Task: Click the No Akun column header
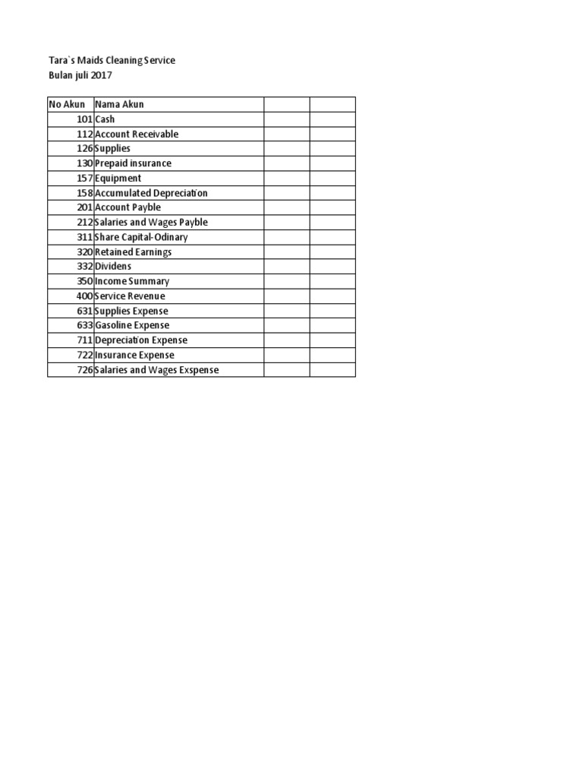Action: (x=67, y=104)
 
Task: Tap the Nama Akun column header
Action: (x=119, y=104)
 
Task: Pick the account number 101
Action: (x=85, y=119)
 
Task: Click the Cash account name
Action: (x=105, y=119)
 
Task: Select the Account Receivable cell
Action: (x=137, y=134)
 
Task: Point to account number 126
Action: (x=85, y=149)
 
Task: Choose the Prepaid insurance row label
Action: (x=133, y=163)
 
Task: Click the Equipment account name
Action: (x=118, y=178)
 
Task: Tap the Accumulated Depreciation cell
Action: (x=151, y=193)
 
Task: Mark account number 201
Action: (x=85, y=207)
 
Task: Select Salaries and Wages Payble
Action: (x=151, y=223)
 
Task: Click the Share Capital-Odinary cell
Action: (x=141, y=237)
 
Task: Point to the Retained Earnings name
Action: (x=133, y=251)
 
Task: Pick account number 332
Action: (x=85, y=267)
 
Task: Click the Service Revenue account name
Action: (x=130, y=296)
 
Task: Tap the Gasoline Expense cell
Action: (x=132, y=325)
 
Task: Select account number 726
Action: (x=85, y=370)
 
